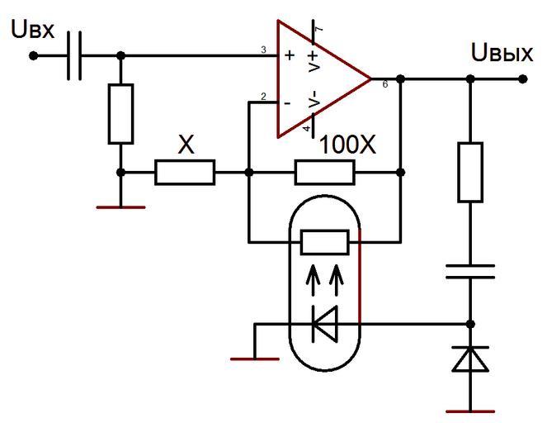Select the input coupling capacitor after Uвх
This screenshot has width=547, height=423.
pos(74,56)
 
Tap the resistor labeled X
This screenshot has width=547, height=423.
pos(185,173)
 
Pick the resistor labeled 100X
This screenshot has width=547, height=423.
pos(325,173)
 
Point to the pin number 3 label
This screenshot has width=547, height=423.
pos(263,50)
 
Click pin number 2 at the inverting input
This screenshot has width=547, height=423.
pos(263,97)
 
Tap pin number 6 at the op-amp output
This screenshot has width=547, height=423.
pos(385,84)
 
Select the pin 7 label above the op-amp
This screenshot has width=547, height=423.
pos(318,30)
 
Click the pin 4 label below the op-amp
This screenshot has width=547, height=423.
pos(306,130)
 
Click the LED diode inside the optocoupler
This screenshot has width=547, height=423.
pos(325,325)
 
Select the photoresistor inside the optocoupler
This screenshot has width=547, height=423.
pos(325,242)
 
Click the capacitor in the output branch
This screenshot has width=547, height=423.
pos(470,272)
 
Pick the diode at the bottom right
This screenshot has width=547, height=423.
pos(470,359)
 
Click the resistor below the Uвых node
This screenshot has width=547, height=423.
pos(470,172)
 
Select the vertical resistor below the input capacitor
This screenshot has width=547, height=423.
pos(120,113)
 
